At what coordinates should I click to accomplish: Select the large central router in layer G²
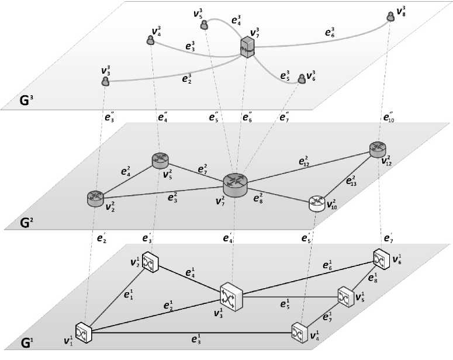click(236, 184)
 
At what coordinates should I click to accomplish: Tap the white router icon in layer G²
click(316, 203)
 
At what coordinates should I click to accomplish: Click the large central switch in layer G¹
click(231, 298)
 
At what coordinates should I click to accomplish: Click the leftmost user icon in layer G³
click(106, 82)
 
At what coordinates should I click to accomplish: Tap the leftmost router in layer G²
click(94, 199)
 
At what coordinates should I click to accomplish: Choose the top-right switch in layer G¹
click(381, 258)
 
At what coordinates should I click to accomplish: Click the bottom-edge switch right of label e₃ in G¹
click(299, 332)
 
